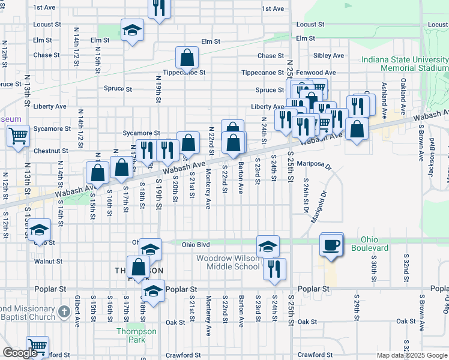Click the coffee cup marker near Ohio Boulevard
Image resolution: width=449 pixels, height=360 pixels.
pos(331,245)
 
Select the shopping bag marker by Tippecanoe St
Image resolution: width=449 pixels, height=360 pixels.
pos(187,58)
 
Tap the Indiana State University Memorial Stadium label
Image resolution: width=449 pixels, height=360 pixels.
pos(406,64)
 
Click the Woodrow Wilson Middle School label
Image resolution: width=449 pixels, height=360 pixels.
pos(229,262)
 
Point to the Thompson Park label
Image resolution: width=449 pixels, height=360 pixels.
pos(136,335)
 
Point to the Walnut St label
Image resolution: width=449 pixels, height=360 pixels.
pos(49,262)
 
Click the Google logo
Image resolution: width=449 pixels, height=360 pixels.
pos(20,353)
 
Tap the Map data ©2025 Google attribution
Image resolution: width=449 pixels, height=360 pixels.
pos(412,355)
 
